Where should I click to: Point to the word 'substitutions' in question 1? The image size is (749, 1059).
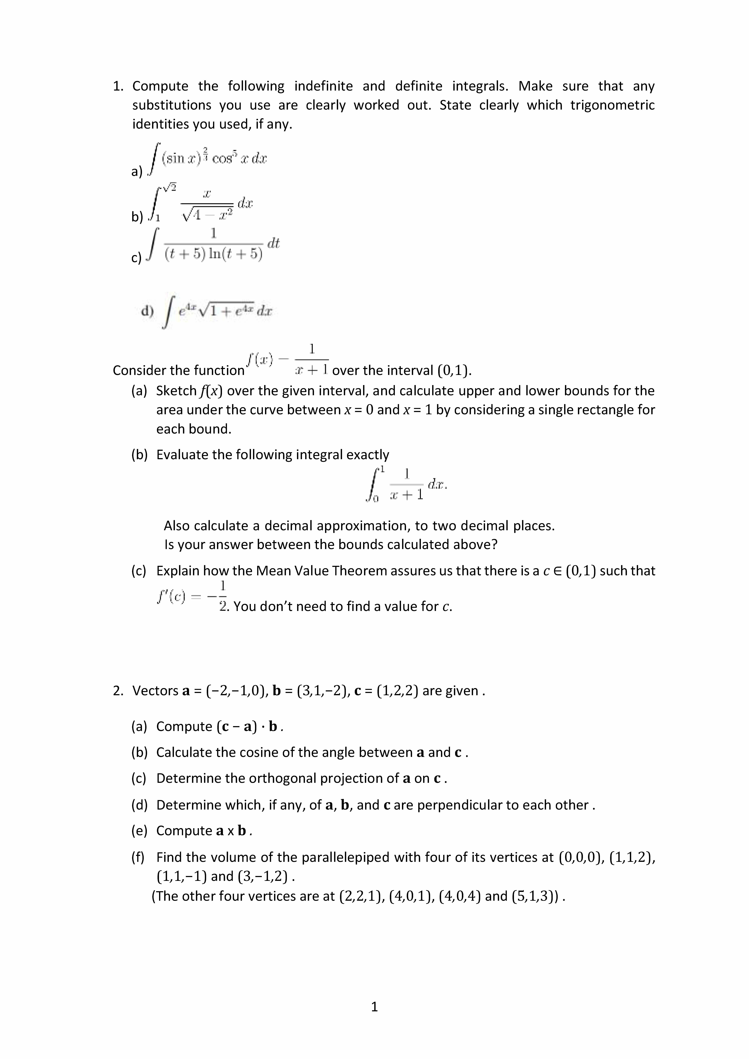(x=172, y=105)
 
